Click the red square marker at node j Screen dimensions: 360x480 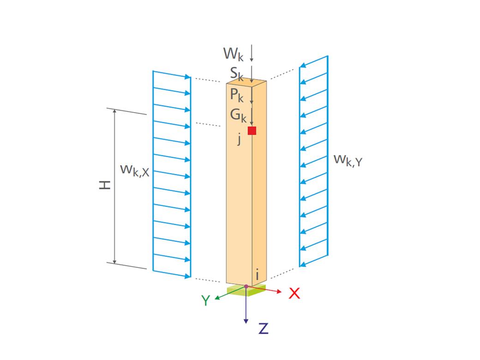(252, 131)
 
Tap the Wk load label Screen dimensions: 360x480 (233, 54)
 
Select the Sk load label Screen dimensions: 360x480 (237, 72)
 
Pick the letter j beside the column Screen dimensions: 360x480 (239, 139)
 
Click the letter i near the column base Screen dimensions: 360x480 (257, 275)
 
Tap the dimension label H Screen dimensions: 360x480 (105, 185)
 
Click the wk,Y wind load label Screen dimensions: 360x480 (348, 160)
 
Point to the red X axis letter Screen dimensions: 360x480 (294, 293)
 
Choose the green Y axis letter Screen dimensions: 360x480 (206, 300)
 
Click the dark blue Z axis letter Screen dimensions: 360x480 (263, 328)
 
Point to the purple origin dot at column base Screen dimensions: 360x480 (246, 287)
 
